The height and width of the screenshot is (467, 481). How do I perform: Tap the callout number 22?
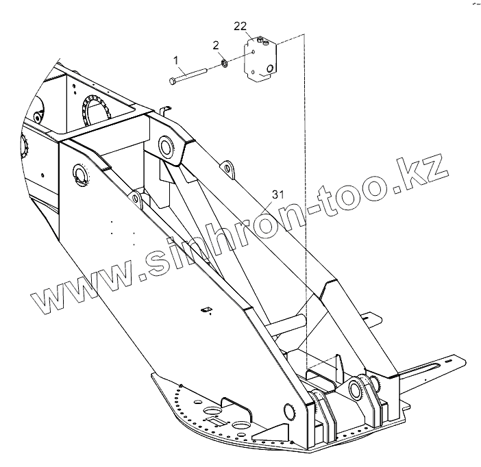(x=240, y=26)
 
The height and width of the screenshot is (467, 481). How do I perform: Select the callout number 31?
(x=277, y=195)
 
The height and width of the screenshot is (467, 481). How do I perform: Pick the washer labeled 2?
(x=223, y=65)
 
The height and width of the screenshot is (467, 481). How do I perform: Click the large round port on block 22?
(x=271, y=68)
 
